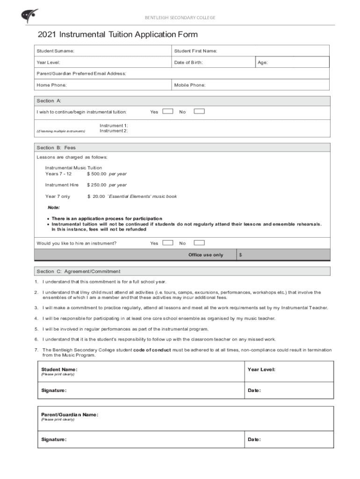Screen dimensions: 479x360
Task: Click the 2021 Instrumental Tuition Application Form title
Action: [118, 35]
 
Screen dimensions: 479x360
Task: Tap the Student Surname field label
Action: [55, 51]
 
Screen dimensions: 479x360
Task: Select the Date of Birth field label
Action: [188, 62]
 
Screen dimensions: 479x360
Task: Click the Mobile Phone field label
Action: [190, 85]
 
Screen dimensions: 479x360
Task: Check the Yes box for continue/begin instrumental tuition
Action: [168, 111]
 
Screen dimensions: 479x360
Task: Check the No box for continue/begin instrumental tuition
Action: [199, 111]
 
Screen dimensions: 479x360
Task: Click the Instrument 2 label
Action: [114, 131]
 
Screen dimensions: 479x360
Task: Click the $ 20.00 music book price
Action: [96, 196]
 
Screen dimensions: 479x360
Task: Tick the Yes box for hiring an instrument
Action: [168, 243]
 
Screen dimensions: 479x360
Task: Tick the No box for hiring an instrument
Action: [199, 243]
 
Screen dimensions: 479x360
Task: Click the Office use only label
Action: [206, 255]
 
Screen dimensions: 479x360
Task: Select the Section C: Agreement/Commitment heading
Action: [79, 271]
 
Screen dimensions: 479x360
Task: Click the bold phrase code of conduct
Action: [152, 350]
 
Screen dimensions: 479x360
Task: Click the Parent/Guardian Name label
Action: [70, 414]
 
